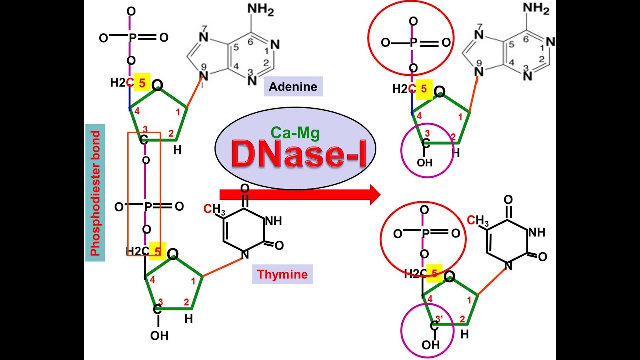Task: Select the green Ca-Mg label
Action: [x=295, y=132]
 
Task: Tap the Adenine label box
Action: [x=293, y=87]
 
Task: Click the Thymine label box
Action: [x=282, y=274]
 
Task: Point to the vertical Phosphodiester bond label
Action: [x=95, y=194]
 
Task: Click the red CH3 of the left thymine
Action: [x=214, y=209]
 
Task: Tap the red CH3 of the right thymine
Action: [x=478, y=220]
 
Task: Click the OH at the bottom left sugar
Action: [x=159, y=336]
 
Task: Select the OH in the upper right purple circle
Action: [x=425, y=163]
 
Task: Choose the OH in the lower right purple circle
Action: [x=431, y=345]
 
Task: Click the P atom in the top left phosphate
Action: [x=131, y=37]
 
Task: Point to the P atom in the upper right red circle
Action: [x=413, y=43]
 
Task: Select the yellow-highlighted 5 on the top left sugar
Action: [x=142, y=83]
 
